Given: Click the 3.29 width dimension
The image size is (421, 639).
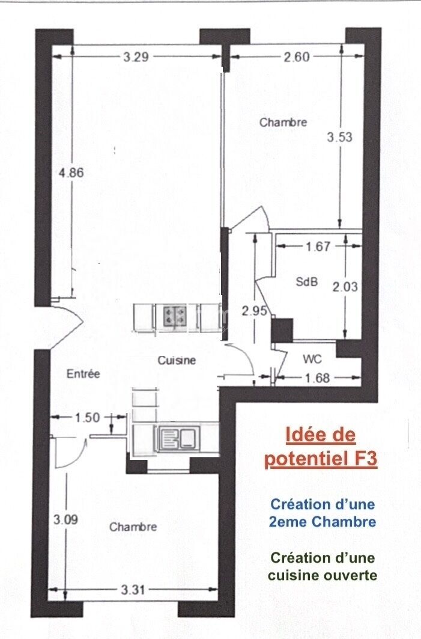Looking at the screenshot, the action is click(136, 57).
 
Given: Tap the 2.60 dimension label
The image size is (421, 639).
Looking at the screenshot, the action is click(297, 57).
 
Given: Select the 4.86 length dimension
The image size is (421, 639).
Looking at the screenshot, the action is click(71, 173).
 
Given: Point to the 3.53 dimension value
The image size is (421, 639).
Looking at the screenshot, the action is click(339, 137).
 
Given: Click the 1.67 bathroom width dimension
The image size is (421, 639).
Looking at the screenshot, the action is click(318, 246).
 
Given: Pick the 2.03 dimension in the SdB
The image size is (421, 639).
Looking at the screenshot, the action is click(345, 287).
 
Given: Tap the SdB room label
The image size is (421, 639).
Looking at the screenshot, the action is click(306, 281).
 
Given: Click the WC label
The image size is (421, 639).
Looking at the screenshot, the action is click(312, 359).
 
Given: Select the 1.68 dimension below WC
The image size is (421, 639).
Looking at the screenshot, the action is click(317, 378).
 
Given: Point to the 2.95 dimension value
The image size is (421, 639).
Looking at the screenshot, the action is click(255, 311).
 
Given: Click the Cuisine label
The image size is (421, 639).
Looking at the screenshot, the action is click(177, 360).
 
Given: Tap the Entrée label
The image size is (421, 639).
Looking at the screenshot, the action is click(83, 374).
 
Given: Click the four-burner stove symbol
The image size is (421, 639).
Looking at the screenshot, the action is click(174, 316).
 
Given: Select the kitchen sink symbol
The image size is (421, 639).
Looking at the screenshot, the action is click(179, 438).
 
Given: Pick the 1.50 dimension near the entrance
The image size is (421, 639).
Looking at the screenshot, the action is click(87, 417).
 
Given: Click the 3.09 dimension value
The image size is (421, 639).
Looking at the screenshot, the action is click(65, 520).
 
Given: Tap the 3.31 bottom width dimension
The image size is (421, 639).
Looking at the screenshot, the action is click(133, 589).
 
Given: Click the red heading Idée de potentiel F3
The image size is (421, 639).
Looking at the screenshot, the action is click(321, 447).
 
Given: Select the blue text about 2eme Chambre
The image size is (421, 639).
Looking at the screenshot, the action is click(322, 513).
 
